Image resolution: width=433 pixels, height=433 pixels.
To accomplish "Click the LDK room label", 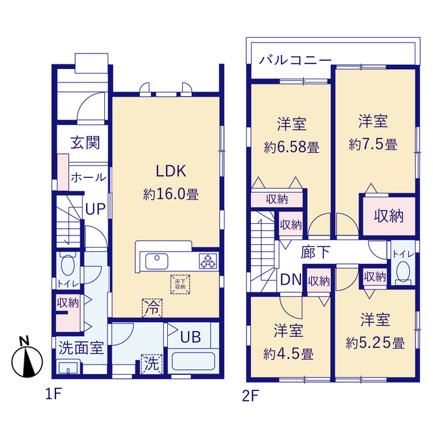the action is [x=171, y=171].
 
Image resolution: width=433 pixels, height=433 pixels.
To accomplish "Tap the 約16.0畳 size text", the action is [x=171, y=194].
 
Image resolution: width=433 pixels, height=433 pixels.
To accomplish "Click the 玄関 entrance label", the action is [x=85, y=143].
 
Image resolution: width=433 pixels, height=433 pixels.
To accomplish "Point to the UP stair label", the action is [x=95, y=209].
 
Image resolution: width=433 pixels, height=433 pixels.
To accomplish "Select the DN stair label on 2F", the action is [x=291, y=279].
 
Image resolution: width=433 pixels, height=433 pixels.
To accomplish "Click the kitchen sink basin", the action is [x=156, y=261].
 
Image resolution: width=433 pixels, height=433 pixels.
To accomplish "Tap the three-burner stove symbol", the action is [x=208, y=261].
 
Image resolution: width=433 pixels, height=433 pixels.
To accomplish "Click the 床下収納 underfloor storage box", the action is [x=180, y=284].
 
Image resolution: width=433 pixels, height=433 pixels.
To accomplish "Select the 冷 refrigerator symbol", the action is [x=152, y=308].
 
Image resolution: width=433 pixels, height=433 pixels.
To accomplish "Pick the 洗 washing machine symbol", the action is [x=152, y=364].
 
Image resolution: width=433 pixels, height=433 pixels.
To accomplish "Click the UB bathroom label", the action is [x=191, y=337].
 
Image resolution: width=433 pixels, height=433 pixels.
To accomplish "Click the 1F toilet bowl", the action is [x=68, y=266].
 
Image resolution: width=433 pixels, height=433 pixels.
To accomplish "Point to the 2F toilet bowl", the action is [x=403, y=272].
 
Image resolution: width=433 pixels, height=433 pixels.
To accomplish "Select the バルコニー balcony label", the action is [x=295, y=60].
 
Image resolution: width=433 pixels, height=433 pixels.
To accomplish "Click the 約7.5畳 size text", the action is [x=373, y=145].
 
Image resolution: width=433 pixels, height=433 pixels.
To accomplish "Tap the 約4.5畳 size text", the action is [x=288, y=354].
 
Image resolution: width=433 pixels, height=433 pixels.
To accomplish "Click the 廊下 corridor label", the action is [x=315, y=252].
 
